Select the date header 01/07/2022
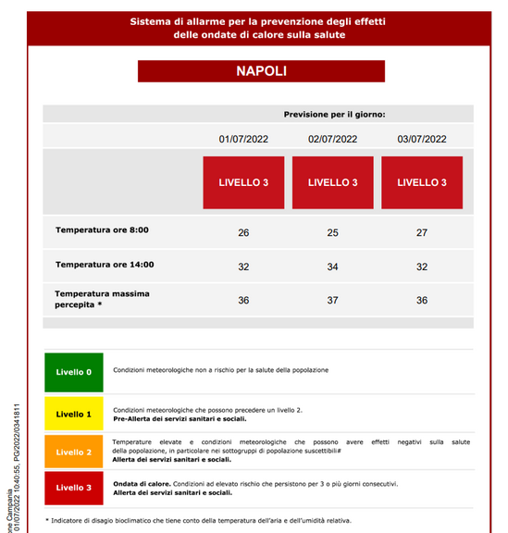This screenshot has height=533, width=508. pos(243,139)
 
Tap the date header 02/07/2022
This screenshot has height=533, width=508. pos(332,139)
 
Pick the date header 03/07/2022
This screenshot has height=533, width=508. pos(422,139)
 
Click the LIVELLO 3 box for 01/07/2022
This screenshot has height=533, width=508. pos(243,182)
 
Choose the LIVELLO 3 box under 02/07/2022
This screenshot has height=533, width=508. pos(332,182)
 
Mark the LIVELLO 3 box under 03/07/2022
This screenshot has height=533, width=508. pos(422,182)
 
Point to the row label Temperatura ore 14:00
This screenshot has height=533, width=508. pos(105,265)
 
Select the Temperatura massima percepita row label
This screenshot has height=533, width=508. pos(102,299)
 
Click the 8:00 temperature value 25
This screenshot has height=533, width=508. pos(332,232)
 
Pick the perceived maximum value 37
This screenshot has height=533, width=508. pos(332,300)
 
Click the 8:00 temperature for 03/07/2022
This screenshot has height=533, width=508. pos(422,232)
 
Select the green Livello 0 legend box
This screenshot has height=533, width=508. pos(74,372)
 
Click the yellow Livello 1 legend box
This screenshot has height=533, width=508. pos(74,414)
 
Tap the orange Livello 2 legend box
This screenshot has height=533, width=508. pos(74,452)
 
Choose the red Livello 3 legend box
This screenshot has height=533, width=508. pos(74,488)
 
